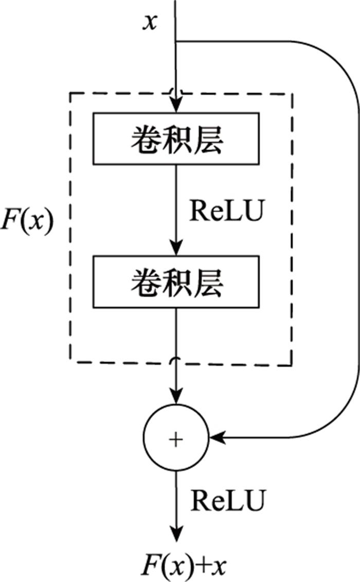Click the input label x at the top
(x=150, y=22)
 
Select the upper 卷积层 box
(x=176, y=138)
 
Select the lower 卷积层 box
(x=176, y=281)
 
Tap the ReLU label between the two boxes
(x=227, y=211)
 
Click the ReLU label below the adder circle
(x=229, y=500)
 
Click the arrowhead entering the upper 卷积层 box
(x=176, y=104)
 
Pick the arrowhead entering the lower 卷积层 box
(x=176, y=248)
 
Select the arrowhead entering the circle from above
(x=176, y=396)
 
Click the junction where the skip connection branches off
(x=176, y=41)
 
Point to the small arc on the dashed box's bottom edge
(x=176, y=359)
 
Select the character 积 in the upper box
(x=176, y=139)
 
